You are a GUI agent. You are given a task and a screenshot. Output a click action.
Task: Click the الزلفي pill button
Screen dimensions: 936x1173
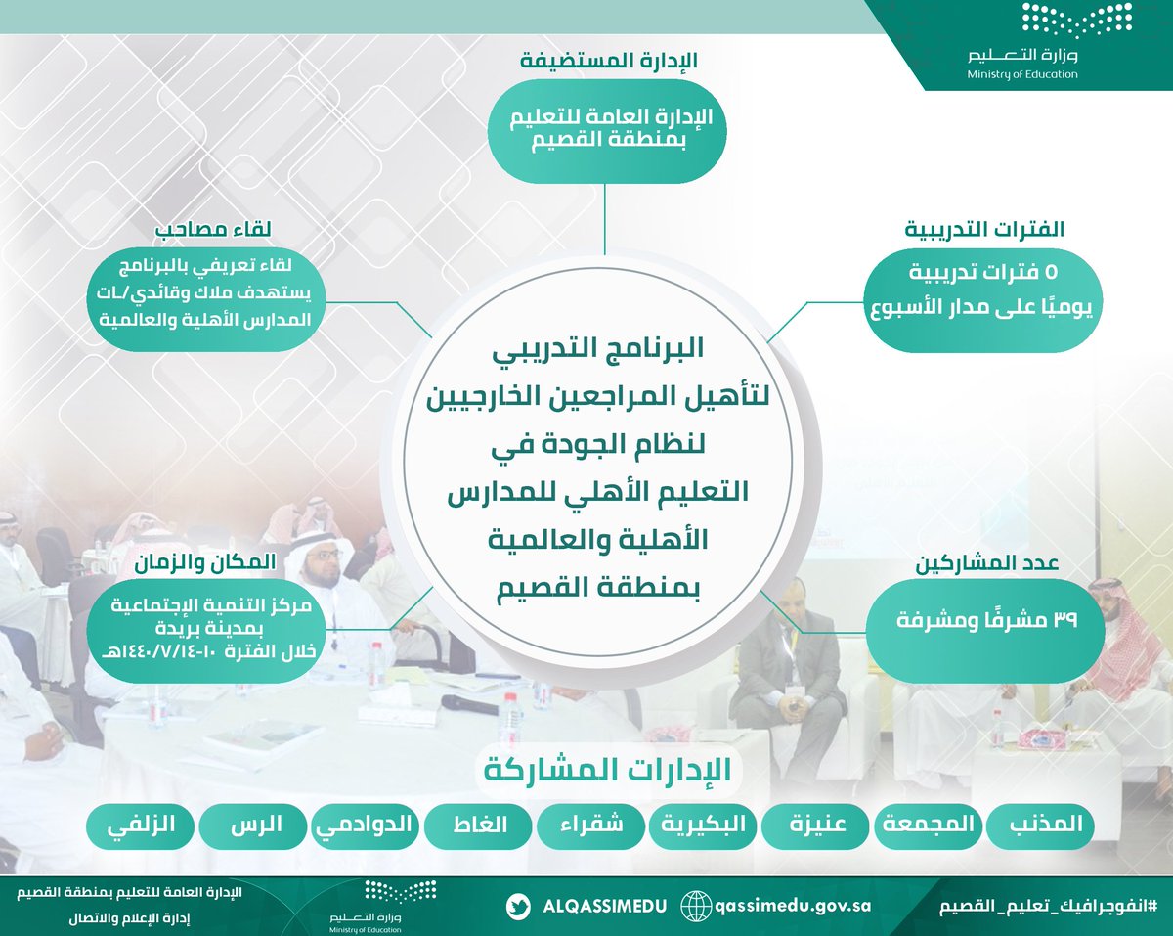pyautogui.click(x=142, y=826)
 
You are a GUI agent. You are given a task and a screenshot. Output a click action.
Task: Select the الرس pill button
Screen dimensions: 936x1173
pyautogui.click(x=254, y=826)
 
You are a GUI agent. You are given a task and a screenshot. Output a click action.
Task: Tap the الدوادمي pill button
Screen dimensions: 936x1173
pyautogui.click(x=367, y=826)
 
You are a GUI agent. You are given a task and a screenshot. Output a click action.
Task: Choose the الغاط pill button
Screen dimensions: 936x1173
pyautogui.click(x=479, y=826)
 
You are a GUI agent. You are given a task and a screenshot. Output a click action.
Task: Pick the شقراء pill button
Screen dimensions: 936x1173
pyautogui.click(x=591, y=826)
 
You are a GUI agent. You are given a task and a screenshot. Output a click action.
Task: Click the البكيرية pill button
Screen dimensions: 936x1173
pyautogui.click(x=705, y=826)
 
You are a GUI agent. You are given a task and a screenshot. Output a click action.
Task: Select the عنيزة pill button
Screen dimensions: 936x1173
pyautogui.click(x=817, y=826)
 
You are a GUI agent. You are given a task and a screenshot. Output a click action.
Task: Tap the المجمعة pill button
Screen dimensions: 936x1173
pyautogui.click(x=929, y=826)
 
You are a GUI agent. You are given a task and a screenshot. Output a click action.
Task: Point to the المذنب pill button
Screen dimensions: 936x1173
pyautogui.click(x=1041, y=826)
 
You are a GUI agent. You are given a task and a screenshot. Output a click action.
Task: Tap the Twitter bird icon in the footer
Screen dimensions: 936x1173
pyautogui.click(x=519, y=906)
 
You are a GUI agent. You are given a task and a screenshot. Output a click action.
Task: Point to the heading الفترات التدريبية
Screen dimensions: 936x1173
pyautogui.click(x=984, y=231)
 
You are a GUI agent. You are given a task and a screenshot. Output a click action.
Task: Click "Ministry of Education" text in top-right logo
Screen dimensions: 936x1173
pyautogui.click(x=1022, y=74)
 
